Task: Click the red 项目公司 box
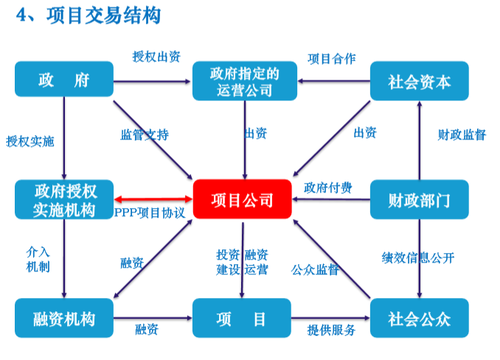[243, 199]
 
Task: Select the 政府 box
[64, 80]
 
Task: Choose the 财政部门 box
[419, 199]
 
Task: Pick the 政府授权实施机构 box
[64, 199]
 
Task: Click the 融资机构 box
[64, 319]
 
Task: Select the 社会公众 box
[419, 319]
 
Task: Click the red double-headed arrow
[153, 199]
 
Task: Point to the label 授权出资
[156, 57]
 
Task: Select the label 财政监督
[462, 134]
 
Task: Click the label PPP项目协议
[150, 212]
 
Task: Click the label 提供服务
[331, 330]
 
